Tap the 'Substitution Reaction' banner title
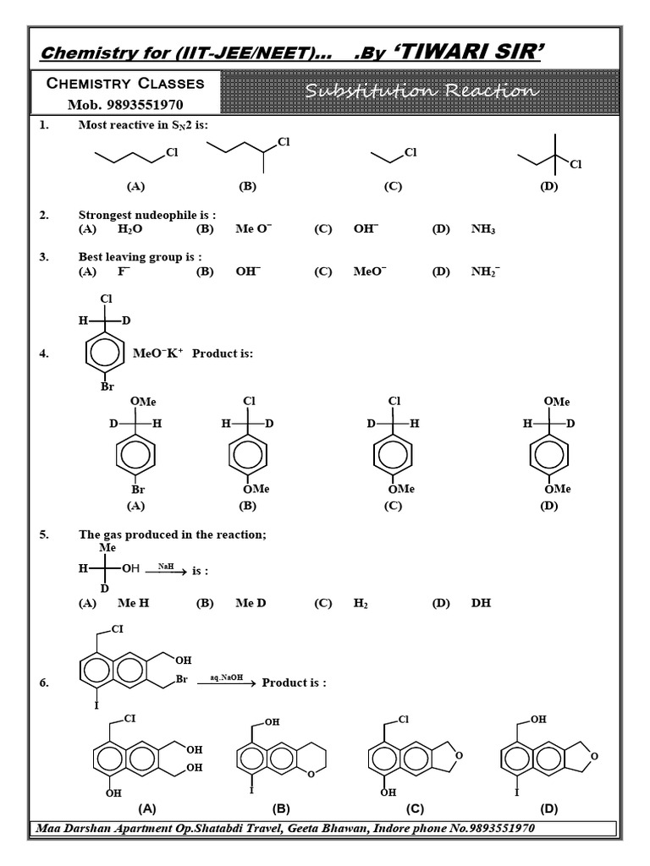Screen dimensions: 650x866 (x=420, y=90)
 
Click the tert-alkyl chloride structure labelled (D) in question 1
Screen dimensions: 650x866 (x=550, y=156)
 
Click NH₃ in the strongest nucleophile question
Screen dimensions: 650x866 (x=483, y=229)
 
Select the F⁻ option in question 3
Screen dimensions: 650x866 (x=124, y=271)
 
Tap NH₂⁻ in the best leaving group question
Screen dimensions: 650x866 (x=486, y=271)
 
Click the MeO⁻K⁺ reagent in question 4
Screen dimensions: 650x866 (x=158, y=353)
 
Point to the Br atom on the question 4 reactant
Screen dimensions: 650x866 (x=107, y=386)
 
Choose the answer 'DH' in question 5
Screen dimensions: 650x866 (x=481, y=603)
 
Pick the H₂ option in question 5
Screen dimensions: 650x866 (x=361, y=603)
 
